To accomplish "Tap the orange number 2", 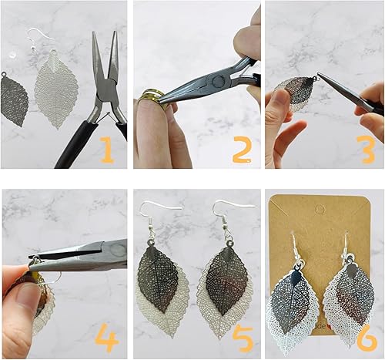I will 241,149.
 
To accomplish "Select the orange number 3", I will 366,149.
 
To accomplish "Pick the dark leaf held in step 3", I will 297,91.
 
